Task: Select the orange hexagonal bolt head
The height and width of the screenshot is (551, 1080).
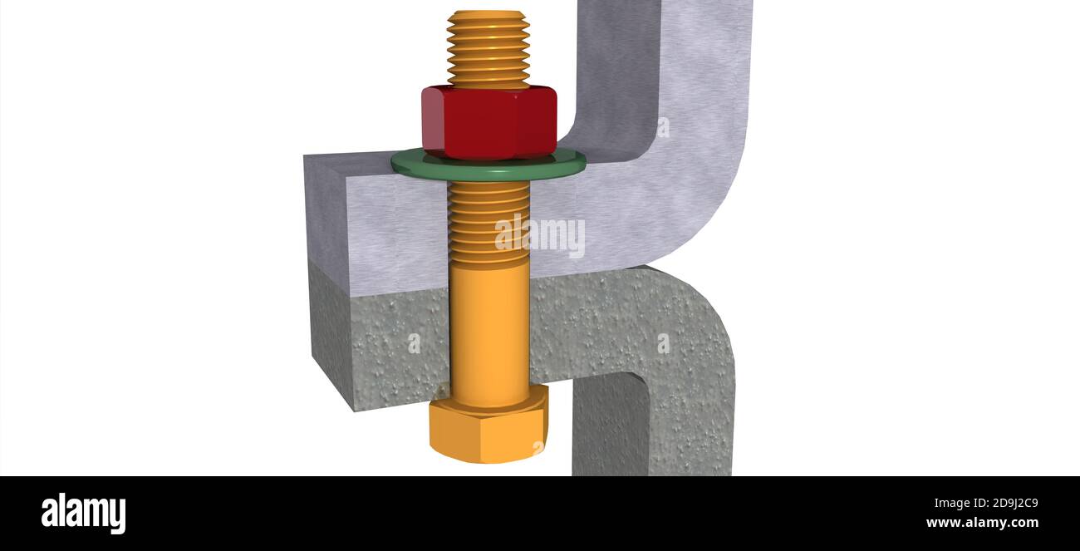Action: [x=488, y=428]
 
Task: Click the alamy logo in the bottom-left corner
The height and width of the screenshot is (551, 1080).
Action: [x=83, y=513]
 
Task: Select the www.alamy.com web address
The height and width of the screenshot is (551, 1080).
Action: [x=981, y=523]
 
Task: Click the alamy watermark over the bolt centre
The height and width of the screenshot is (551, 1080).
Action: [x=540, y=235]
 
